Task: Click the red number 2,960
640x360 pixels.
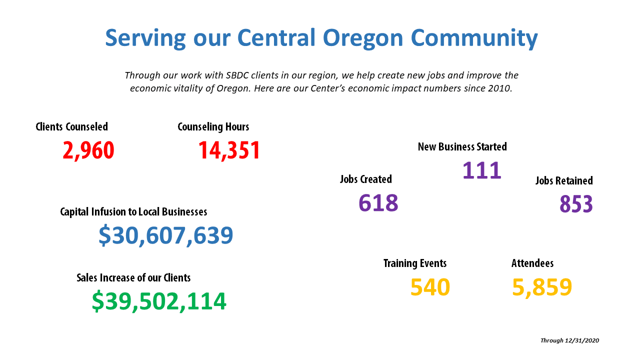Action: (x=88, y=150)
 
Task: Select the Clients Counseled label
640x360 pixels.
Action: (x=71, y=126)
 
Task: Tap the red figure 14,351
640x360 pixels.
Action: (x=229, y=150)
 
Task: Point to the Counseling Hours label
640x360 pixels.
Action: (x=213, y=127)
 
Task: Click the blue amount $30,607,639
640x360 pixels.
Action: (x=165, y=235)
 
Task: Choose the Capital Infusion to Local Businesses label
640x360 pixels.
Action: (x=133, y=212)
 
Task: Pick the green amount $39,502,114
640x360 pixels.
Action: (x=159, y=301)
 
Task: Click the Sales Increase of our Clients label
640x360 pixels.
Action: (x=133, y=277)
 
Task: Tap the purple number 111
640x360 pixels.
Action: (x=482, y=170)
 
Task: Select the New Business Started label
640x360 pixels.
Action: (x=462, y=146)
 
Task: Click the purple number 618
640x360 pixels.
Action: (x=378, y=203)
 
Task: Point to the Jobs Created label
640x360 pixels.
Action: (x=366, y=179)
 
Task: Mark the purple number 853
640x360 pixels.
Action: (x=576, y=204)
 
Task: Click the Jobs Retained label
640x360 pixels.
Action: (x=564, y=180)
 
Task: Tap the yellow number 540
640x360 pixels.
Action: (x=430, y=287)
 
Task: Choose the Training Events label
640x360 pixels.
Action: (x=415, y=263)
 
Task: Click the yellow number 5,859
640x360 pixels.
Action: (x=542, y=287)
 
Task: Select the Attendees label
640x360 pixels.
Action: (x=532, y=263)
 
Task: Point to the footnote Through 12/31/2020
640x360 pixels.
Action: (x=569, y=340)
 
